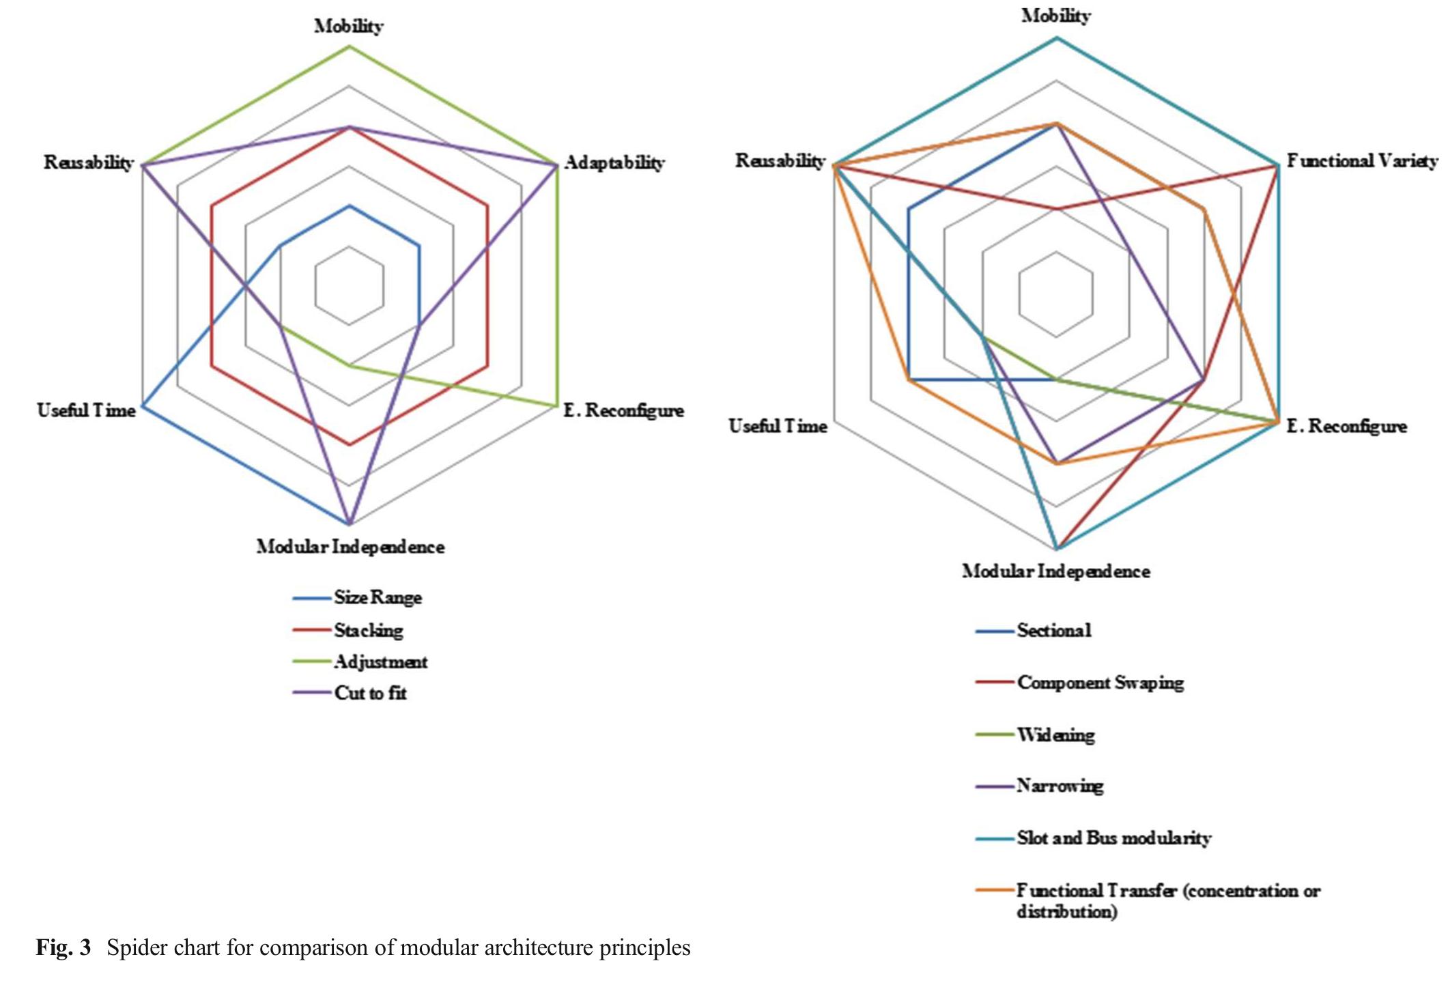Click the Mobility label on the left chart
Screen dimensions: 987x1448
(x=348, y=26)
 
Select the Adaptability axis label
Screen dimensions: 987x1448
(x=614, y=162)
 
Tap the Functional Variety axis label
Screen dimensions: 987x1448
(x=1362, y=161)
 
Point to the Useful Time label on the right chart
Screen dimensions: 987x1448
(x=778, y=426)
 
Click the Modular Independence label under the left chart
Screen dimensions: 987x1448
(x=350, y=547)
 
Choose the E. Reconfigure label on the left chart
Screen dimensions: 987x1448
(x=623, y=410)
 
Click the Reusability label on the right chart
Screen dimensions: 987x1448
(x=780, y=160)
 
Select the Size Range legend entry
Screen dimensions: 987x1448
(x=378, y=598)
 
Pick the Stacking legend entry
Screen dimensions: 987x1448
(x=368, y=630)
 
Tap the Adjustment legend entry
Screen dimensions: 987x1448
(x=380, y=661)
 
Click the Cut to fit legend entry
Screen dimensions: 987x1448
(x=370, y=693)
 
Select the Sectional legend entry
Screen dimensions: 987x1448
(x=1053, y=630)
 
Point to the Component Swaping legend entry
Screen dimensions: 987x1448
(x=1100, y=683)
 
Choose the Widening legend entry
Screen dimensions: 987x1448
(x=1055, y=735)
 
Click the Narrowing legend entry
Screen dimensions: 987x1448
(x=1060, y=786)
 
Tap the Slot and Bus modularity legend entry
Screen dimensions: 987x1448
(x=1113, y=838)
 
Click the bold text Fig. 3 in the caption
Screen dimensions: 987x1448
(x=63, y=948)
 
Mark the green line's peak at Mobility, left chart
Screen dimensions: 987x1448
(x=350, y=46)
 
